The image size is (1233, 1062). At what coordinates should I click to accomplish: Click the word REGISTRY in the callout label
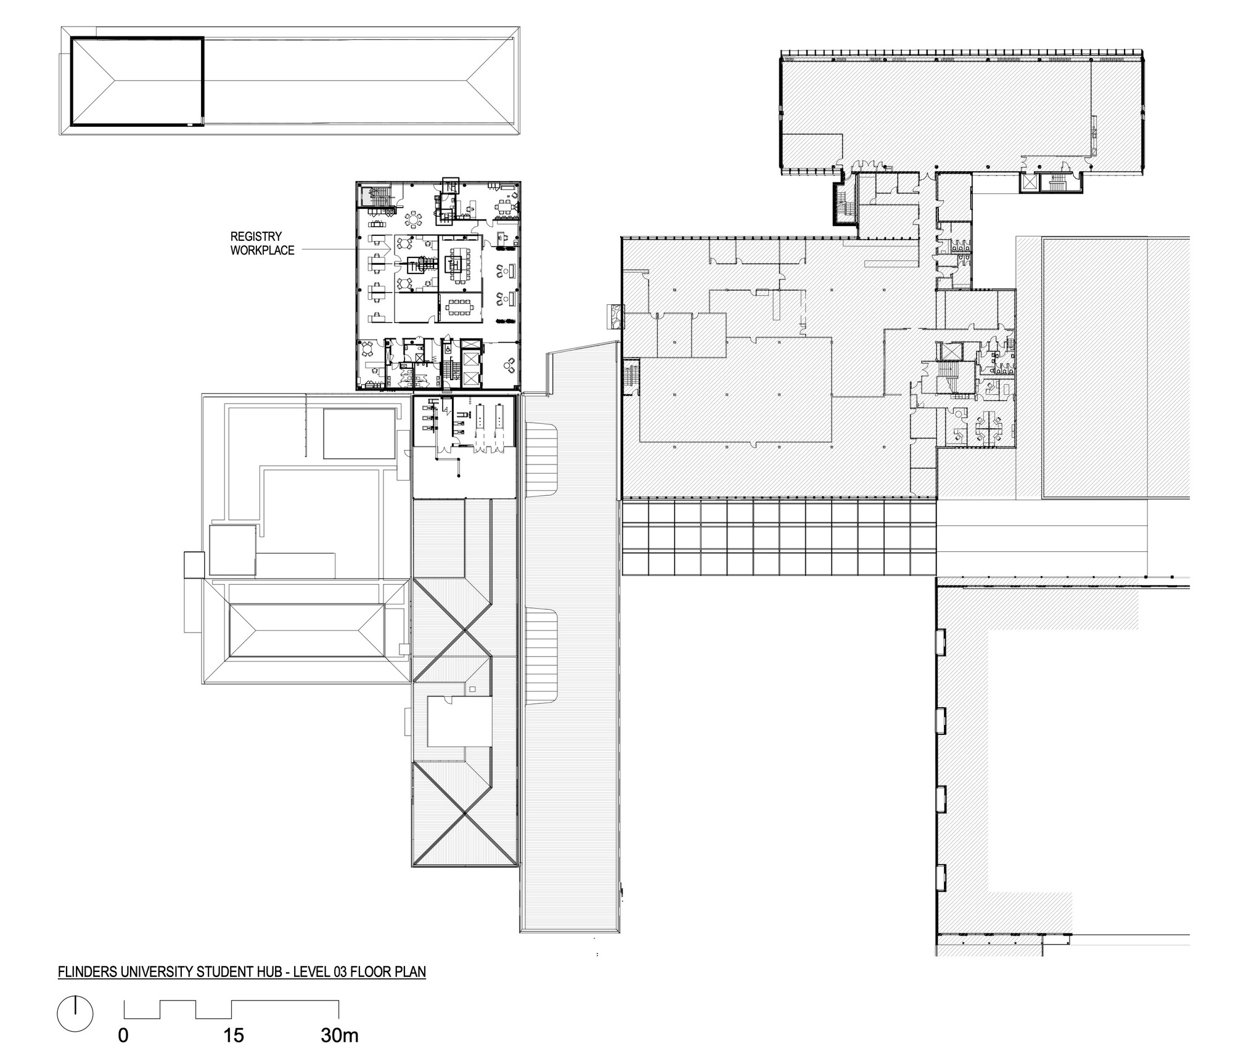pyautogui.click(x=256, y=237)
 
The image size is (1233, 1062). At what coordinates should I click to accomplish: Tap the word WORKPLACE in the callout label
pyautogui.click(x=263, y=251)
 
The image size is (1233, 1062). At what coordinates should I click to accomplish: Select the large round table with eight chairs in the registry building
pyautogui.click(x=412, y=219)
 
